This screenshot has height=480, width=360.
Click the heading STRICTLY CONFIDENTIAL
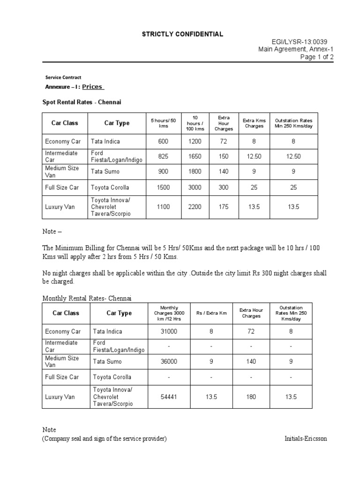point(183,34)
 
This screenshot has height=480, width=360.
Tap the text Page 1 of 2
point(317,57)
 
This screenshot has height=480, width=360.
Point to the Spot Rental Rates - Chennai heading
point(82,102)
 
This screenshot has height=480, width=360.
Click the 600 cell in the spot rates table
point(163,142)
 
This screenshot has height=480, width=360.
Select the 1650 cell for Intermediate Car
point(195,157)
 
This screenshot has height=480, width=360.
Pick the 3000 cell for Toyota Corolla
point(195,187)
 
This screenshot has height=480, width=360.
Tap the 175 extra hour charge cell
point(223,207)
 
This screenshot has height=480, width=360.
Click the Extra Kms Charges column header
point(254,123)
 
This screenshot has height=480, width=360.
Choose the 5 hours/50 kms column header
point(163,123)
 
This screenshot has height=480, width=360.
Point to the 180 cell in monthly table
point(251,397)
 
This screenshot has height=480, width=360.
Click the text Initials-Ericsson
point(306,439)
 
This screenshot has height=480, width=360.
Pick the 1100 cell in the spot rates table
point(163,207)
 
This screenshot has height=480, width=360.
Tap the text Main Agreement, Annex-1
point(296,49)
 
